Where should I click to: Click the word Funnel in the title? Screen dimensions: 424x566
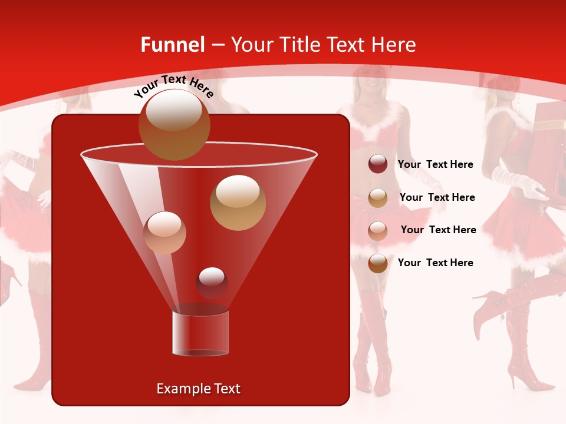click(172, 45)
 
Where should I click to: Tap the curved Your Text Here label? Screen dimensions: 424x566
click(173, 86)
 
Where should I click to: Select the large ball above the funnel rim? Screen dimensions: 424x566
click(174, 124)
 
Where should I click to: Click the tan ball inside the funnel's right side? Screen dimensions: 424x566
click(238, 202)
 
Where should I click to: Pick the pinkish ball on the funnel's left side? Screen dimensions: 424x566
click(164, 232)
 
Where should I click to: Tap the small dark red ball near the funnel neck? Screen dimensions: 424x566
click(212, 283)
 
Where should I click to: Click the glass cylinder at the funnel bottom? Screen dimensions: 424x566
click(200, 333)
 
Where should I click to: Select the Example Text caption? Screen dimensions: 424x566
click(199, 389)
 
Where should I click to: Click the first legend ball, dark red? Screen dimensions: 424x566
click(378, 164)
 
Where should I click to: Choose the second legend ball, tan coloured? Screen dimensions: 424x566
click(378, 198)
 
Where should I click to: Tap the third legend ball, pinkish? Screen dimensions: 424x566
click(378, 231)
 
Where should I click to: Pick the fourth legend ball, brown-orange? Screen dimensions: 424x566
click(378, 263)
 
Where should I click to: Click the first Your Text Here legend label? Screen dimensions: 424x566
click(436, 165)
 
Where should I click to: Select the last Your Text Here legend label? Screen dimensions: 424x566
click(436, 263)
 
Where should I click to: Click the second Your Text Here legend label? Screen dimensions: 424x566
click(437, 198)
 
